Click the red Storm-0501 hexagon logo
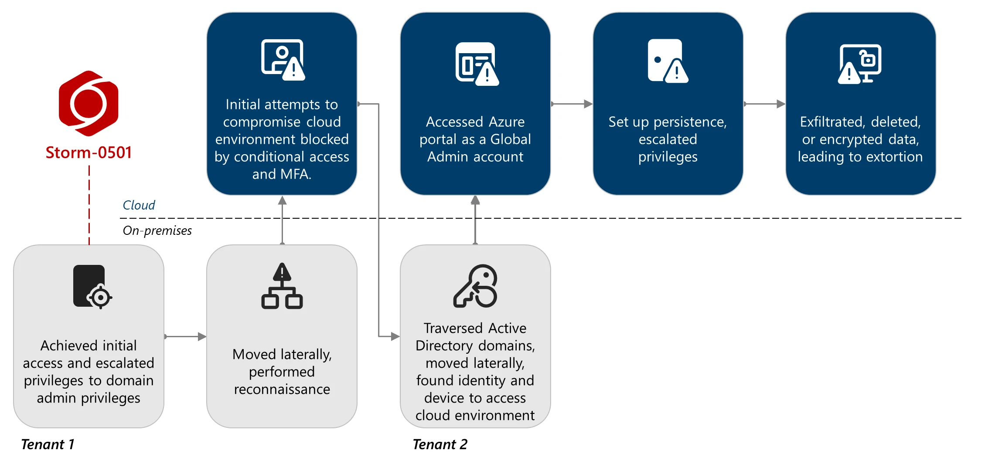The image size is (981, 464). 89,104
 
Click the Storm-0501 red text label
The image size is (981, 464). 89,152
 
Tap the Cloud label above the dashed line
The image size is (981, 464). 139,205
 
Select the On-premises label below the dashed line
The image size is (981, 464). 157,230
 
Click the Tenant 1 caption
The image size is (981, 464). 48,444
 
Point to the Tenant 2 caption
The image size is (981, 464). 439,444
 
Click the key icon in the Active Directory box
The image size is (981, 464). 475,286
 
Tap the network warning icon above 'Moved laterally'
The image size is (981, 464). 282,286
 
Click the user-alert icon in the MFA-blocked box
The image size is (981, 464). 283,60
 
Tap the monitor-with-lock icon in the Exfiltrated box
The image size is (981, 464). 860,64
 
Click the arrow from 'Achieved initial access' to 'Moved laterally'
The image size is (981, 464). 185,336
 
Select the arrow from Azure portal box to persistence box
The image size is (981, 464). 572,104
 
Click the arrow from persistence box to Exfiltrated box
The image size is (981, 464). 764,104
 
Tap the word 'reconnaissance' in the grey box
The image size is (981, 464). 282,389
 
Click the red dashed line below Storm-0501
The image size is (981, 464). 89,205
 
